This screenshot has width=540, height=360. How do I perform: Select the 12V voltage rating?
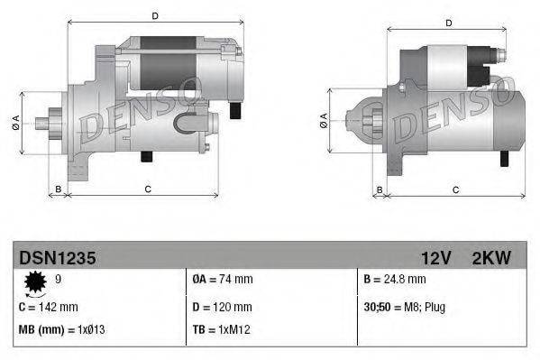pos(435,258)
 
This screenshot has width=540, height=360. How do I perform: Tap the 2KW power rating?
pos(491,258)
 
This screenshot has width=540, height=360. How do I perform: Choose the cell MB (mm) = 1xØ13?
pos(60,330)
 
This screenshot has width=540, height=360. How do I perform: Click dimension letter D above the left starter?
pos(155,16)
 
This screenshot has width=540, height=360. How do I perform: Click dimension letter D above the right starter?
pos(446,16)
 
